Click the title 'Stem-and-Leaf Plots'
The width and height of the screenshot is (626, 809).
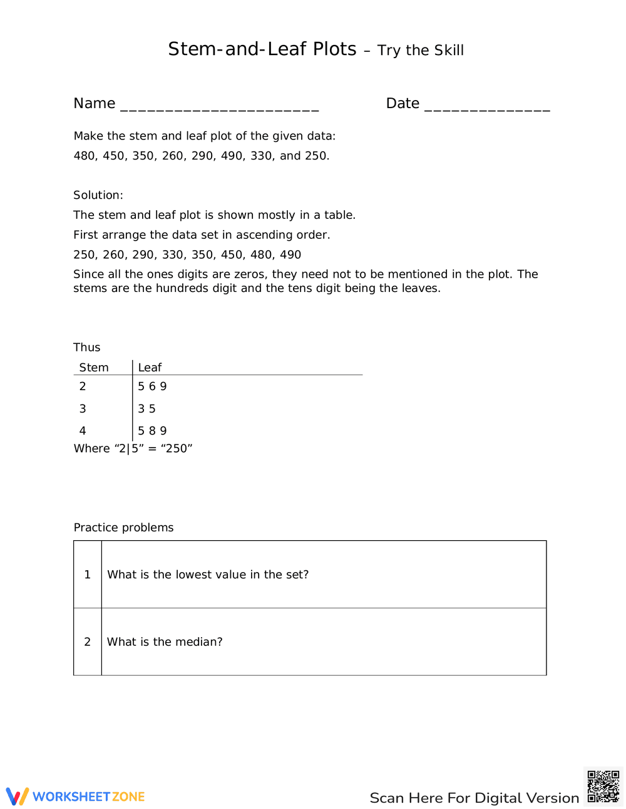point(262,49)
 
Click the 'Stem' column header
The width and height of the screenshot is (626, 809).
point(94,368)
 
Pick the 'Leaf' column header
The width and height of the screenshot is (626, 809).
point(150,368)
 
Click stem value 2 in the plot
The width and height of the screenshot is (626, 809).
point(83,386)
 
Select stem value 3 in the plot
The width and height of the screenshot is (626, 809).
point(83,409)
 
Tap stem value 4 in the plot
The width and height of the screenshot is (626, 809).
point(83,431)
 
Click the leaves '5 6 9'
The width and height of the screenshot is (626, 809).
point(152,386)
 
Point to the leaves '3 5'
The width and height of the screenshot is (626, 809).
point(146,409)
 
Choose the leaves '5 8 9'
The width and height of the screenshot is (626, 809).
point(152,431)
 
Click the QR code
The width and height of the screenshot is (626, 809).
point(603,786)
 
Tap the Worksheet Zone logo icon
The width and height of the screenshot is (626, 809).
point(18,796)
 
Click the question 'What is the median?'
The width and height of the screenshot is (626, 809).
point(165,642)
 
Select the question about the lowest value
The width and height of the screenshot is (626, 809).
point(208,575)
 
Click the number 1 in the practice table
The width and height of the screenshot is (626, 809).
point(88,575)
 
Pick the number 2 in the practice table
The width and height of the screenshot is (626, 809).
point(88,642)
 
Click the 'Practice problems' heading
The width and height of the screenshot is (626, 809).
point(123,528)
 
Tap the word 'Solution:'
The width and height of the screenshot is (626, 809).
point(98,195)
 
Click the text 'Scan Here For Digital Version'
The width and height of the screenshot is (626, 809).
point(474,798)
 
